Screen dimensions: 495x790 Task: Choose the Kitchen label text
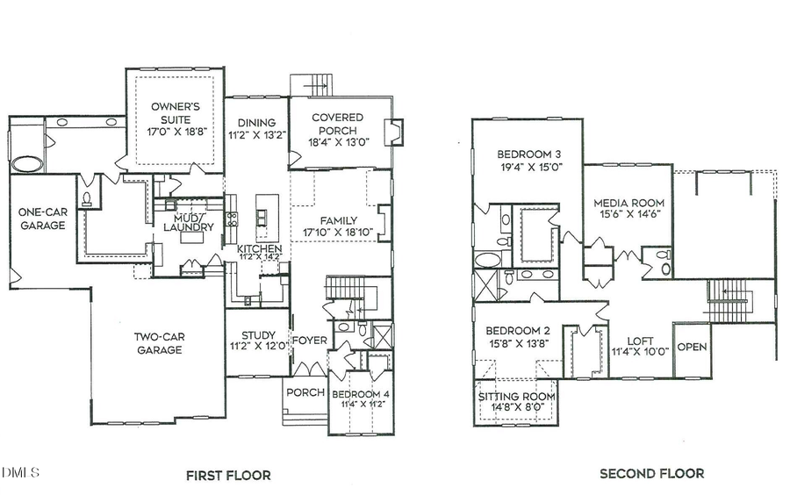click(x=260, y=250)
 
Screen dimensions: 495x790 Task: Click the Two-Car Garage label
click(x=158, y=342)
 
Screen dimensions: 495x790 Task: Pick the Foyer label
click(x=308, y=341)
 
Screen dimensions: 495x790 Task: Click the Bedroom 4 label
click(x=360, y=394)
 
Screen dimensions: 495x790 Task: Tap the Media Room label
click(x=628, y=199)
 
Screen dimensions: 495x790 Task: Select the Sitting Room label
click(x=517, y=397)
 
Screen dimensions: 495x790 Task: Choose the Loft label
click(x=640, y=341)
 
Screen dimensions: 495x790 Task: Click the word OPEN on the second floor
click(x=692, y=346)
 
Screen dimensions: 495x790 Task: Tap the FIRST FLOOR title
click(x=227, y=476)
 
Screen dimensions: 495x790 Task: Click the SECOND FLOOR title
click(x=651, y=474)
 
